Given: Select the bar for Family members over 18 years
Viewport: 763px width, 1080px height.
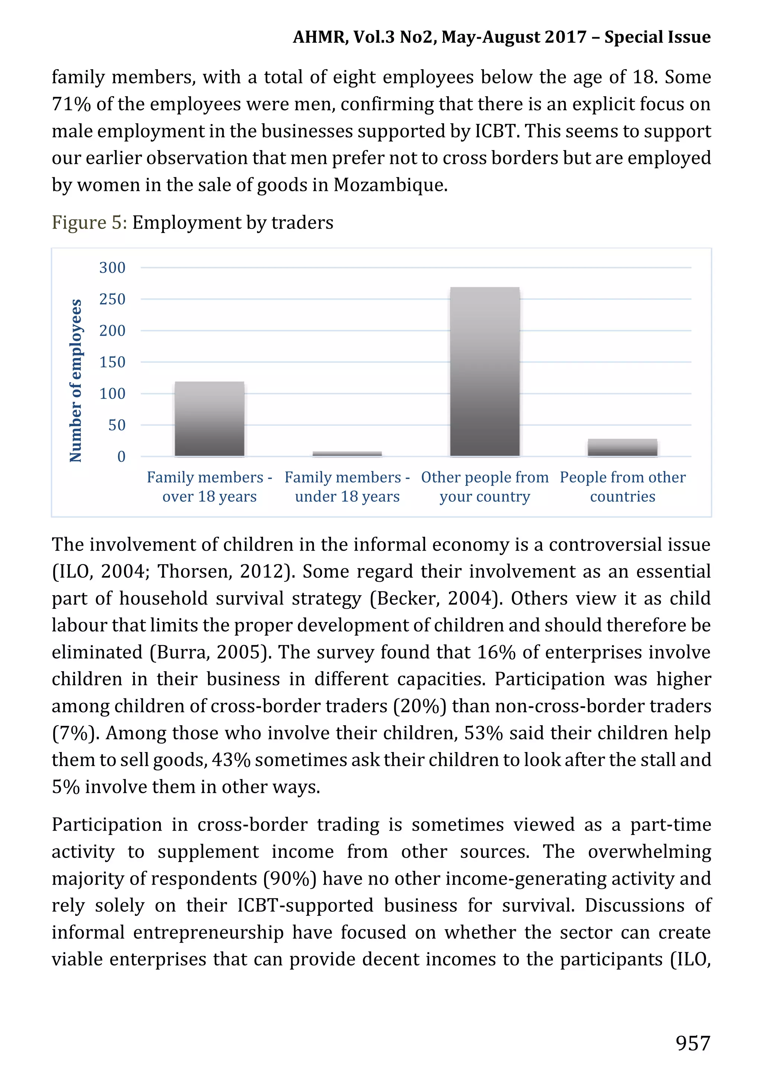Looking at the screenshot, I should coord(209,419).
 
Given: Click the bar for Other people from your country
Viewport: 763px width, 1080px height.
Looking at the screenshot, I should coord(485,372).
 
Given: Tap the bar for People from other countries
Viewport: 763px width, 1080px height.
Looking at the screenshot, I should coord(622,447).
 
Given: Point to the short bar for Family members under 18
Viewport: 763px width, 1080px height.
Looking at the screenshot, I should coord(347,454).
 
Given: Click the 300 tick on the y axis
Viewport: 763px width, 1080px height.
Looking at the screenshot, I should coord(113,268).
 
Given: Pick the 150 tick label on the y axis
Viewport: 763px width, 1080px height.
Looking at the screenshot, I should coord(113,362).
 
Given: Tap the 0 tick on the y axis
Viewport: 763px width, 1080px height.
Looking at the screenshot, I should coord(121,457).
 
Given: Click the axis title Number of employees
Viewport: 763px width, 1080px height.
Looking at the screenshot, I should coord(76,380).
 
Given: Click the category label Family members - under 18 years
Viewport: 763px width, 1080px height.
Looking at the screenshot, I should coord(347,487).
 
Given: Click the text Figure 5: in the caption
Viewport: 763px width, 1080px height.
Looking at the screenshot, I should coord(89,223).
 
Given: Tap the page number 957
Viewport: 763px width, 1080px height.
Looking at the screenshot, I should coord(693,1043).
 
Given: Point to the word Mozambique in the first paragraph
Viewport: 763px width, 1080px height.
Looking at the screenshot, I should coord(390,185).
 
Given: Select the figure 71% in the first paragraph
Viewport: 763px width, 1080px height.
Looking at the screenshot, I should coord(71,104).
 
